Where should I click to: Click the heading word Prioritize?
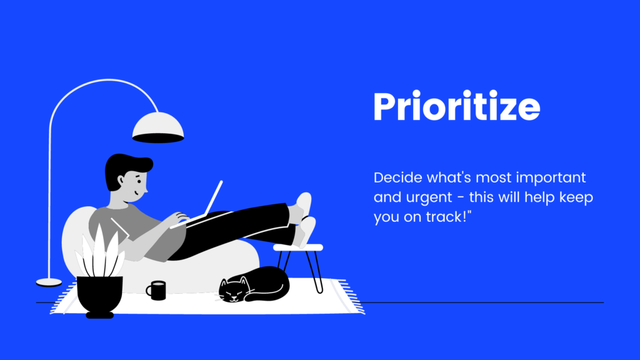457,106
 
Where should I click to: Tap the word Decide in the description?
398,177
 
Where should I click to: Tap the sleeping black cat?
254,284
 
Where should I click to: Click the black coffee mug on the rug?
156,290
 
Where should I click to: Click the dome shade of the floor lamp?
158,127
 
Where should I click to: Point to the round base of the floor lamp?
49,282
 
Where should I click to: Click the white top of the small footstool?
298,247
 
